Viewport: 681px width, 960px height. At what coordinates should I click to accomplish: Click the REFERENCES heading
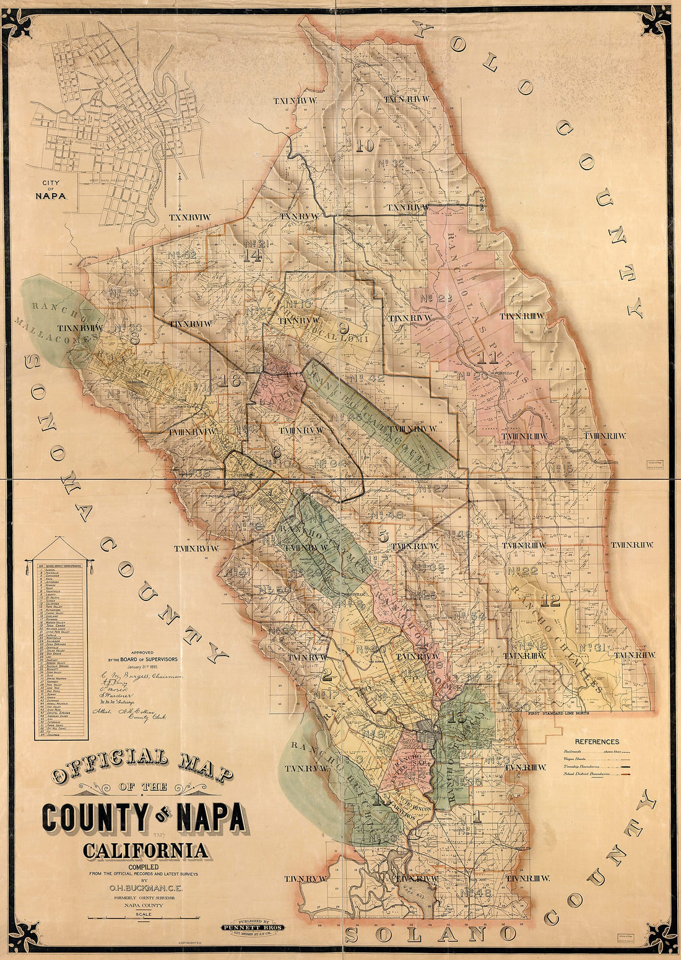tap(596, 741)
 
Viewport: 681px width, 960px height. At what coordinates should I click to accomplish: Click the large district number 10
tap(365, 146)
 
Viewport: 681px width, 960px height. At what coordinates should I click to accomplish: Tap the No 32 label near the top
tap(390, 163)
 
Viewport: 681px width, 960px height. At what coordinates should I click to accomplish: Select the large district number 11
tap(488, 357)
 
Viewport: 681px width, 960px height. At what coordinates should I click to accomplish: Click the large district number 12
tap(550, 599)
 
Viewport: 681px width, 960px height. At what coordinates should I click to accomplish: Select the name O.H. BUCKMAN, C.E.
tap(144, 888)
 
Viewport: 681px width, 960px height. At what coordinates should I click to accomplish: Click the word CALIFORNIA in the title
tap(145, 850)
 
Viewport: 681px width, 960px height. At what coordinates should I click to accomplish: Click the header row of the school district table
tap(60, 564)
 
